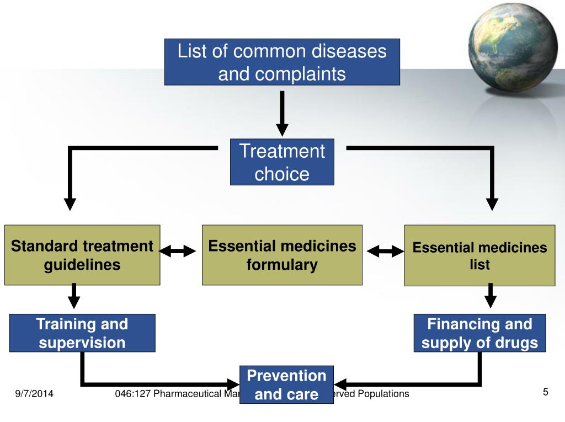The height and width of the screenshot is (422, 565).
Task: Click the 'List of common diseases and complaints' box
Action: click(x=282, y=62)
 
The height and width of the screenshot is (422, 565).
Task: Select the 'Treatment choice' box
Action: click(x=282, y=162)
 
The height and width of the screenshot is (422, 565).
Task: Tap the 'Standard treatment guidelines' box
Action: click(x=82, y=255)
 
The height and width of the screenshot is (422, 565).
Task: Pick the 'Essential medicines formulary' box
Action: click(x=282, y=255)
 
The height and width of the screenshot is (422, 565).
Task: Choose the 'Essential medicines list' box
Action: click(x=479, y=255)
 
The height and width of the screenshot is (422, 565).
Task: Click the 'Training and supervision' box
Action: click(x=82, y=333)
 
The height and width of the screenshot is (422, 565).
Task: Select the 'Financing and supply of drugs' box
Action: click(x=479, y=333)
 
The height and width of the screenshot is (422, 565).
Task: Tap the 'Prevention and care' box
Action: click(x=286, y=384)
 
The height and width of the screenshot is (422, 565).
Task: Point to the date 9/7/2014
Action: click(x=34, y=394)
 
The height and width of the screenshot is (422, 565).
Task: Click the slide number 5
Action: click(x=545, y=392)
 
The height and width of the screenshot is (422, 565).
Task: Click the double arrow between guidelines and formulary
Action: click(x=178, y=252)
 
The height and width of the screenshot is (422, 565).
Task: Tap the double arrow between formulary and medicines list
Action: click(x=385, y=252)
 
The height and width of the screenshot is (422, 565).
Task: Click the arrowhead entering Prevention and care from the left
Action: click(x=234, y=383)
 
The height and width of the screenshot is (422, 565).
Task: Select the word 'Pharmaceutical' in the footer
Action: click(x=182, y=393)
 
